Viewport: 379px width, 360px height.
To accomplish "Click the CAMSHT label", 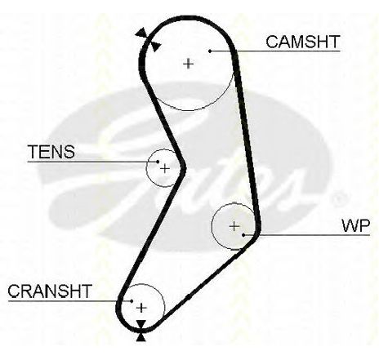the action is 303,42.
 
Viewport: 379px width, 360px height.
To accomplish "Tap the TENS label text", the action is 51,152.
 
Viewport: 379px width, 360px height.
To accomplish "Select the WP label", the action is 356,225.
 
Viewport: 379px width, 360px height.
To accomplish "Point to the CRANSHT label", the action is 50,291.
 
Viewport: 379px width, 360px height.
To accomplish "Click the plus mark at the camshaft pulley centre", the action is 188,64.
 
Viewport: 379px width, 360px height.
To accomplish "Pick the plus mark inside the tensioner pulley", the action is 165,169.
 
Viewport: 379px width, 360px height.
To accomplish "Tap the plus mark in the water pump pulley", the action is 234,226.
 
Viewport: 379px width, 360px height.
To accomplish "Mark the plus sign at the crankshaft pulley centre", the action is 141,308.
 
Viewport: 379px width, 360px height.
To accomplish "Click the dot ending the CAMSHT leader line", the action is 210,51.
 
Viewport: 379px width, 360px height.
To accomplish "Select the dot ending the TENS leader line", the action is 158,162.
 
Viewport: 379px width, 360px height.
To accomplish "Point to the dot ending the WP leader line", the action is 243,234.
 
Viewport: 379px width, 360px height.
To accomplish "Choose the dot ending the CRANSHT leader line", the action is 132,301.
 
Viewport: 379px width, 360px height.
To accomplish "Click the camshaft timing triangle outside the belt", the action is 142,33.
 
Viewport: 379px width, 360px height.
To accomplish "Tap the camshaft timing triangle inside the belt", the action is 155,47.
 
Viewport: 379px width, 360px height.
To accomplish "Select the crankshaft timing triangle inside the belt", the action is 141,324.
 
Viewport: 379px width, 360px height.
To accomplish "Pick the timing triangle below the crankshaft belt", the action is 140,337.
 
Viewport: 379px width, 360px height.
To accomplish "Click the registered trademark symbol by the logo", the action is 338,200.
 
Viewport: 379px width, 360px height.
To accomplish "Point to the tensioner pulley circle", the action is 147,168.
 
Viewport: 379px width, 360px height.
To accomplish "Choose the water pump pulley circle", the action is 212,226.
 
